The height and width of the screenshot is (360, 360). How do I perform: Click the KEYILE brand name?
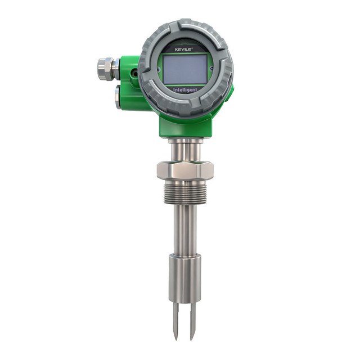click(x=184, y=49)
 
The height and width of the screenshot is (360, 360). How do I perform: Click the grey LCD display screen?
click(x=185, y=68)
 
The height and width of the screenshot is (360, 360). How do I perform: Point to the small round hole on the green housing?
click(x=134, y=72)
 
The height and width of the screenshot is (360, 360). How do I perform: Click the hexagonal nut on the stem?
click(x=184, y=169)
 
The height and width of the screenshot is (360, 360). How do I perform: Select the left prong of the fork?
click(x=175, y=317)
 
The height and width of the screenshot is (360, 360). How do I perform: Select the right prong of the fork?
click(x=192, y=317)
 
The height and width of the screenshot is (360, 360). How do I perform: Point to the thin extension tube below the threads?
click(x=184, y=231)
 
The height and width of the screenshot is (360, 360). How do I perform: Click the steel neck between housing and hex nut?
click(x=184, y=149)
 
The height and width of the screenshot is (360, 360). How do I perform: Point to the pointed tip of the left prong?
click(x=175, y=337)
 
